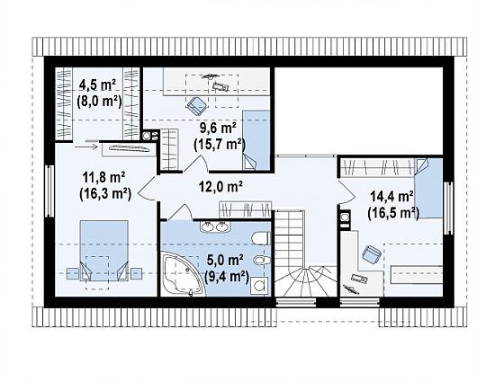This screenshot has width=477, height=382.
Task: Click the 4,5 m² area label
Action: pos(97,85)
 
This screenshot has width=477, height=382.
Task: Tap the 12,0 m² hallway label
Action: pos(220,186)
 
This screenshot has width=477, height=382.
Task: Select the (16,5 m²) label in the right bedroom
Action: pos(393,213)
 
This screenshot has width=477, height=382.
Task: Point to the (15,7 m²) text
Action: pos(220,144)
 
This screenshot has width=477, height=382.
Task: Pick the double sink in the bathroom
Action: pos(215,227)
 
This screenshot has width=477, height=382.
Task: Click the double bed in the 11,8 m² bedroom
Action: pos(103,251)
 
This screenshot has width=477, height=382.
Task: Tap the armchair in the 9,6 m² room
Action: pos(197,106)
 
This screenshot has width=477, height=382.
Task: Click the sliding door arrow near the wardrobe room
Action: pos(86,147)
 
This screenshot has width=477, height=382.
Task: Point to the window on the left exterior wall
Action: pos(49,191)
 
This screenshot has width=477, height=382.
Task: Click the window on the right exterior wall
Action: pos(448,208)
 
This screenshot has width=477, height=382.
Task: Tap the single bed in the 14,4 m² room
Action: pos(428,188)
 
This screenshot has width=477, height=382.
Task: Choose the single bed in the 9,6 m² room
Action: pos(256,140)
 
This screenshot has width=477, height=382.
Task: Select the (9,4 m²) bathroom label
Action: pos(227,276)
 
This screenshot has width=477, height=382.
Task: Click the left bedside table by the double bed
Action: pos(73,274)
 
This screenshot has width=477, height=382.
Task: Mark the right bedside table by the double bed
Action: pos(136,274)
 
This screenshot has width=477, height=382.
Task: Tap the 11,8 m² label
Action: pos(103,177)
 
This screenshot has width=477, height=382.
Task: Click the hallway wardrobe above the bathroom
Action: pos(245,209)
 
